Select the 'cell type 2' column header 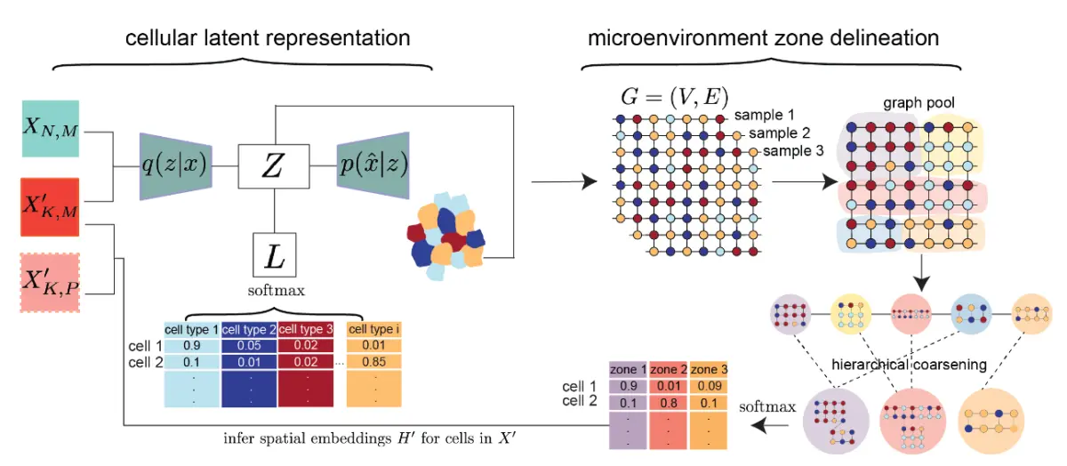click(250, 330)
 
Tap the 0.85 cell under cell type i click(369, 362)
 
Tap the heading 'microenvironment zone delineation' click(762, 38)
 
